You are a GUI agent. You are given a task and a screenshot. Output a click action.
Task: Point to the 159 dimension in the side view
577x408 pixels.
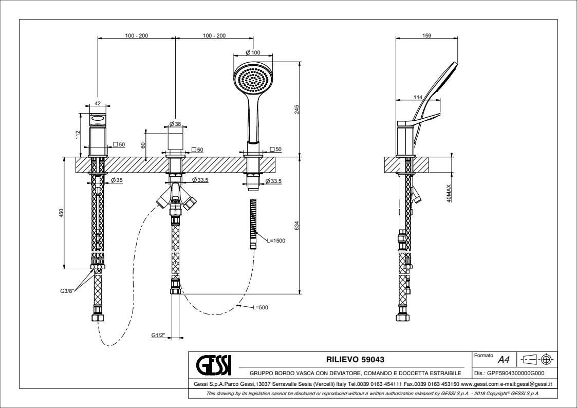(426, 35)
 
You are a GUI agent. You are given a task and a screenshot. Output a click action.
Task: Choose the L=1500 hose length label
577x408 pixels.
(276, 240)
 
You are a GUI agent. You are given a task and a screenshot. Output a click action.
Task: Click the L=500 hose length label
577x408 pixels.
(260, 307)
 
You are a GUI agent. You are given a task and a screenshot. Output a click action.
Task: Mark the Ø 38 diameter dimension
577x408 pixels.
(175, 124)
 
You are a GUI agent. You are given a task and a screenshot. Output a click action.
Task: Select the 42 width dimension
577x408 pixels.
(98, 104)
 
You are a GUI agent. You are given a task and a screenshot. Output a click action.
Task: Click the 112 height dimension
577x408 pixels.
(78, 134)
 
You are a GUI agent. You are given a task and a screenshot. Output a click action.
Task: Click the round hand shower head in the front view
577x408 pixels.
(253, 80)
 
